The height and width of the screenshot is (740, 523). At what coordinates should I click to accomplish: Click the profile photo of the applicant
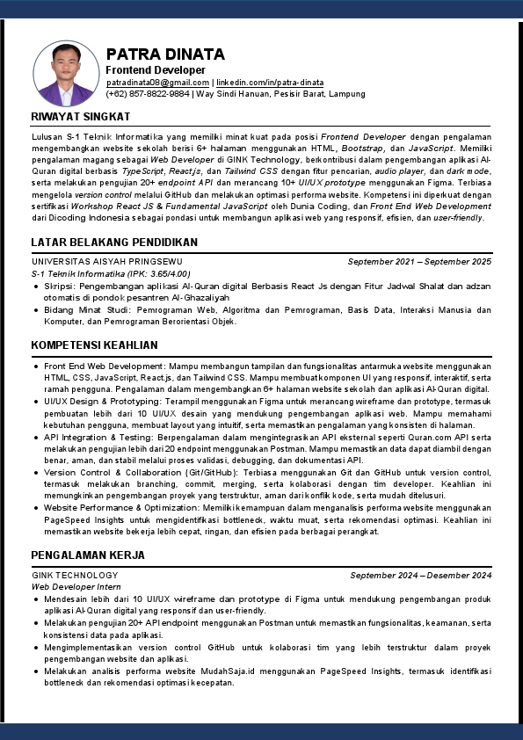click(x=66, y=73)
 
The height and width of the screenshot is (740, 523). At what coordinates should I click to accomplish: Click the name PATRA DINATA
click(x=165, y=54)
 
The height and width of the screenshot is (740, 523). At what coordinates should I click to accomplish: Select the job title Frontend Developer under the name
click(x=156, y=69)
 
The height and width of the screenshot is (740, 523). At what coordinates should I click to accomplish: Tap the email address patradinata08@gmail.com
click(x=157, y=82)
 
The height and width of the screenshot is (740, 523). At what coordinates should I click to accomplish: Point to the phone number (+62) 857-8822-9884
click(x=148, y=93)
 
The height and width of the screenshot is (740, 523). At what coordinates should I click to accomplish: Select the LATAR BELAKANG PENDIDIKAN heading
click(x=114, y=242)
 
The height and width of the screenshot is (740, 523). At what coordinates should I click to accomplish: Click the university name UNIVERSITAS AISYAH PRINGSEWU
click(x=107, y=262)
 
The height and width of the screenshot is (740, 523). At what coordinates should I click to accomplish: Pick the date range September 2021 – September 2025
click(x=419, y=262)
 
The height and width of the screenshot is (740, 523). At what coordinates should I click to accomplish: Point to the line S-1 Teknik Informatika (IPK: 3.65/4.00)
click(x=111, y=273)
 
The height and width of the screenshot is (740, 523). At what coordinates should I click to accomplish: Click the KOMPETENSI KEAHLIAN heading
click(x=94, y=345)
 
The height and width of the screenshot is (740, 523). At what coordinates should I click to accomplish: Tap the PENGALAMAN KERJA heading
click(x=89, y=555)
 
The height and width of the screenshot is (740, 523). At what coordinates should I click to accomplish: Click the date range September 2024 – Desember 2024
click(x=421, y=575)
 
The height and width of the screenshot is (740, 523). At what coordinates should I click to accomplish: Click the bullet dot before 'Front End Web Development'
click(x=35, y=366)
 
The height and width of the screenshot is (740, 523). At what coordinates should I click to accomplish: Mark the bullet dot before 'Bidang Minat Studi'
click(x=35, y=310)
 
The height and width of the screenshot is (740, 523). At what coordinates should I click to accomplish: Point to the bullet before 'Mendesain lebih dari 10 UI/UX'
click(x=35, y=599)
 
